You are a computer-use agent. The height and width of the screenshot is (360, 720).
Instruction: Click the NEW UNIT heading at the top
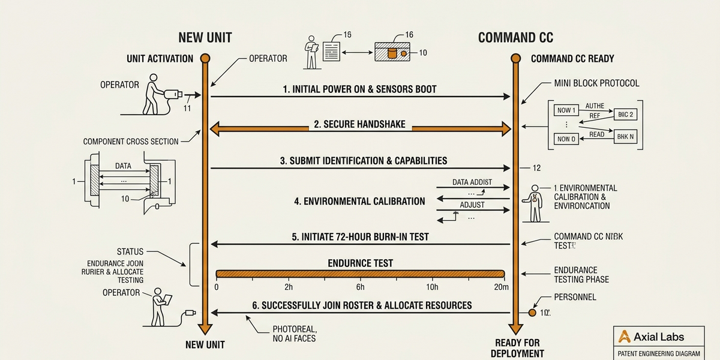point(205,38)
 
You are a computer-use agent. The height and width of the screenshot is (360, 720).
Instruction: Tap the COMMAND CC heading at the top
point(515,38)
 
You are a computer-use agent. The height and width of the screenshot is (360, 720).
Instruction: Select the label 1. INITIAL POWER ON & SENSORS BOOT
point(359,89)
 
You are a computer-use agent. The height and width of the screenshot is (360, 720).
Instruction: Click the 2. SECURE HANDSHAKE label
point(359,125)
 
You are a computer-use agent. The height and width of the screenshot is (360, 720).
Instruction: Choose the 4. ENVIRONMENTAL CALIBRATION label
point(359,202)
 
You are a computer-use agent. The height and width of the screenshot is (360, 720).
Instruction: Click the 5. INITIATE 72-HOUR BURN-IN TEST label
point(360,237)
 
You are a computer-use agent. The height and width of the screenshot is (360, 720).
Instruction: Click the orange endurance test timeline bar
point(360,274)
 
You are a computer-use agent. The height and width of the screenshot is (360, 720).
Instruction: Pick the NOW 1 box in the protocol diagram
point(566,110)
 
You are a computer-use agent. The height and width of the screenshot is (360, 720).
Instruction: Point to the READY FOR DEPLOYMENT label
point(517,348)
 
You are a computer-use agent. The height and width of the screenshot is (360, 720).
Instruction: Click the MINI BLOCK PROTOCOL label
point(596,83)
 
